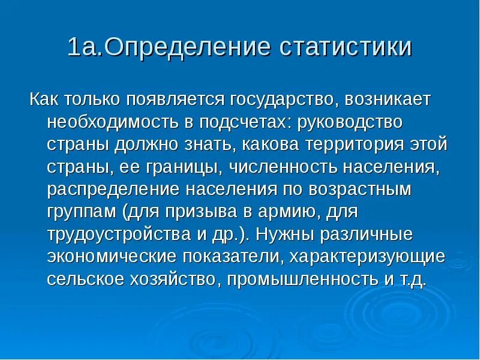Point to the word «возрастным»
coord(362,190)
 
